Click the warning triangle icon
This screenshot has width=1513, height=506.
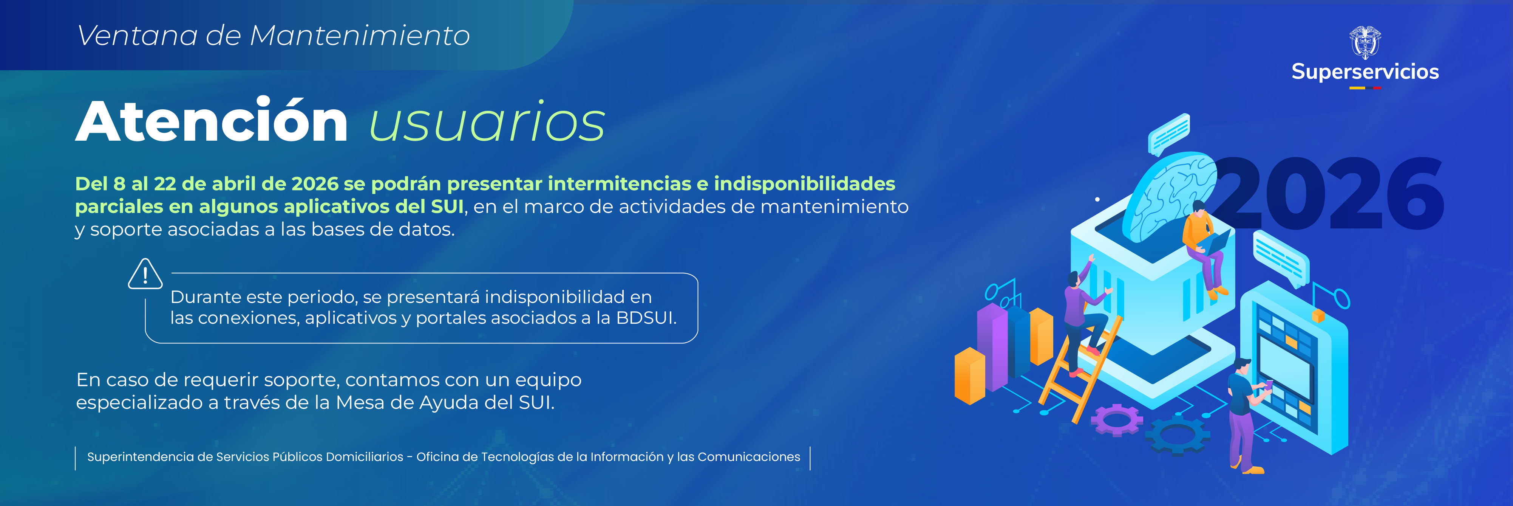coord(145,275)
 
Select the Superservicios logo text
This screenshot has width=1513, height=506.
coord(1365,72)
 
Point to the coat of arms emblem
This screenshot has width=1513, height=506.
coord(1365,42)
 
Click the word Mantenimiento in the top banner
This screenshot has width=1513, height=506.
coord(359,36)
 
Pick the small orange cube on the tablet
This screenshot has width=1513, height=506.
coord(1318,316)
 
